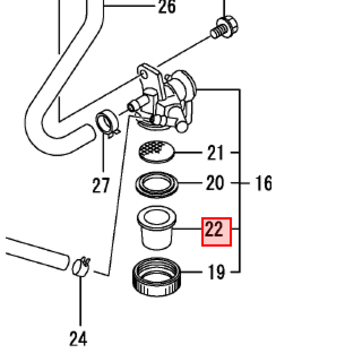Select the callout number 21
point(215,153)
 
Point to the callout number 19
point(215,272)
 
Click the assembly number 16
point(263,183)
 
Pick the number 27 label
point(101,186)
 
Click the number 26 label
point(167,7)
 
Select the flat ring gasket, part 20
point(157,184)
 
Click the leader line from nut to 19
point(193,272)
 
